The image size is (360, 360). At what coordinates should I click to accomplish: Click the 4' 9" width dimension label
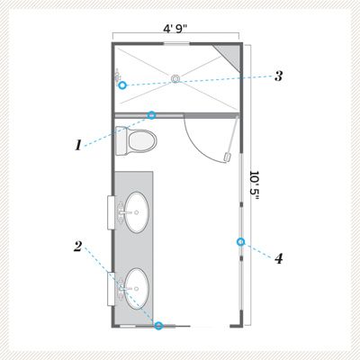tap(175, 29)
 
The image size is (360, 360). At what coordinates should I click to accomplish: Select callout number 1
tap(78, 146)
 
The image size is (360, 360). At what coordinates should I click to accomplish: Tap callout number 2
tap(77, 247)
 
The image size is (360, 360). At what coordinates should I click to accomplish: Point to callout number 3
tap(279, 76)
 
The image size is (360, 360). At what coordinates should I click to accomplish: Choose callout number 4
tap(279, 259)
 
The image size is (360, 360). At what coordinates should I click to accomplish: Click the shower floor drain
tap(175, 78)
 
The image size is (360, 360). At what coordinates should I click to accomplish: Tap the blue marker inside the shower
tap(122, 85)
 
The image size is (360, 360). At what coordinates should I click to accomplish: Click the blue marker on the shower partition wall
tap(152, 115)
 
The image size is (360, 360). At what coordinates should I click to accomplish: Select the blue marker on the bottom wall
tap(158, 326)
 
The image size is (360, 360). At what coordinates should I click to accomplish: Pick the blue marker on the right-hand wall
tap(240, 242)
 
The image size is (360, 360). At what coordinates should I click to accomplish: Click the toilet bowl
tap(142, 141)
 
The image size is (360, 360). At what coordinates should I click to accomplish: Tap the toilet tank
tap(121, 140)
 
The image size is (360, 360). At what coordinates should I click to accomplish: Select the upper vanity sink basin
tap(137, 212)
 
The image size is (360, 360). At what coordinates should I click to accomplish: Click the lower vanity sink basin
tap(137, 289)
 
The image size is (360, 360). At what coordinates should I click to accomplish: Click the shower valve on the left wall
tap(118, 76)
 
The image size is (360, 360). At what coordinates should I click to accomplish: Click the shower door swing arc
tap(198, 144)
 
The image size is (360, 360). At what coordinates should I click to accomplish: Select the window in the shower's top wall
tap(176, 44)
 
